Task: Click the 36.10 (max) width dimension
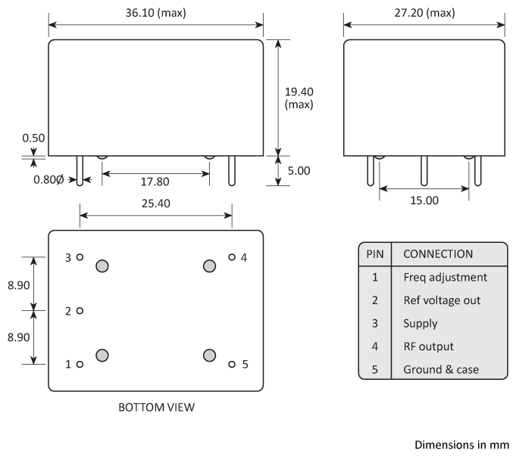click(155, 14)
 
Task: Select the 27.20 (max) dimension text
click(424, 14)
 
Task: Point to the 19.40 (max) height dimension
click(299, 98)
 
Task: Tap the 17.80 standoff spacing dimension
click(155, 182)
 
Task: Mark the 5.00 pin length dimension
click(299, 171)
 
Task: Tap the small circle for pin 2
click(80, 310)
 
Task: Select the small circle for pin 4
click(232, 257)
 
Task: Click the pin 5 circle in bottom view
click(232, 364)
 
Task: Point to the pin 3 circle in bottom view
click(80, 257)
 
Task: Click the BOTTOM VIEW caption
click(156, 407)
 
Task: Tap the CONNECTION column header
click(438, 254)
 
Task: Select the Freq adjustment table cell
click(445, 277)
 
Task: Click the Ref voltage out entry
click(442, 300)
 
